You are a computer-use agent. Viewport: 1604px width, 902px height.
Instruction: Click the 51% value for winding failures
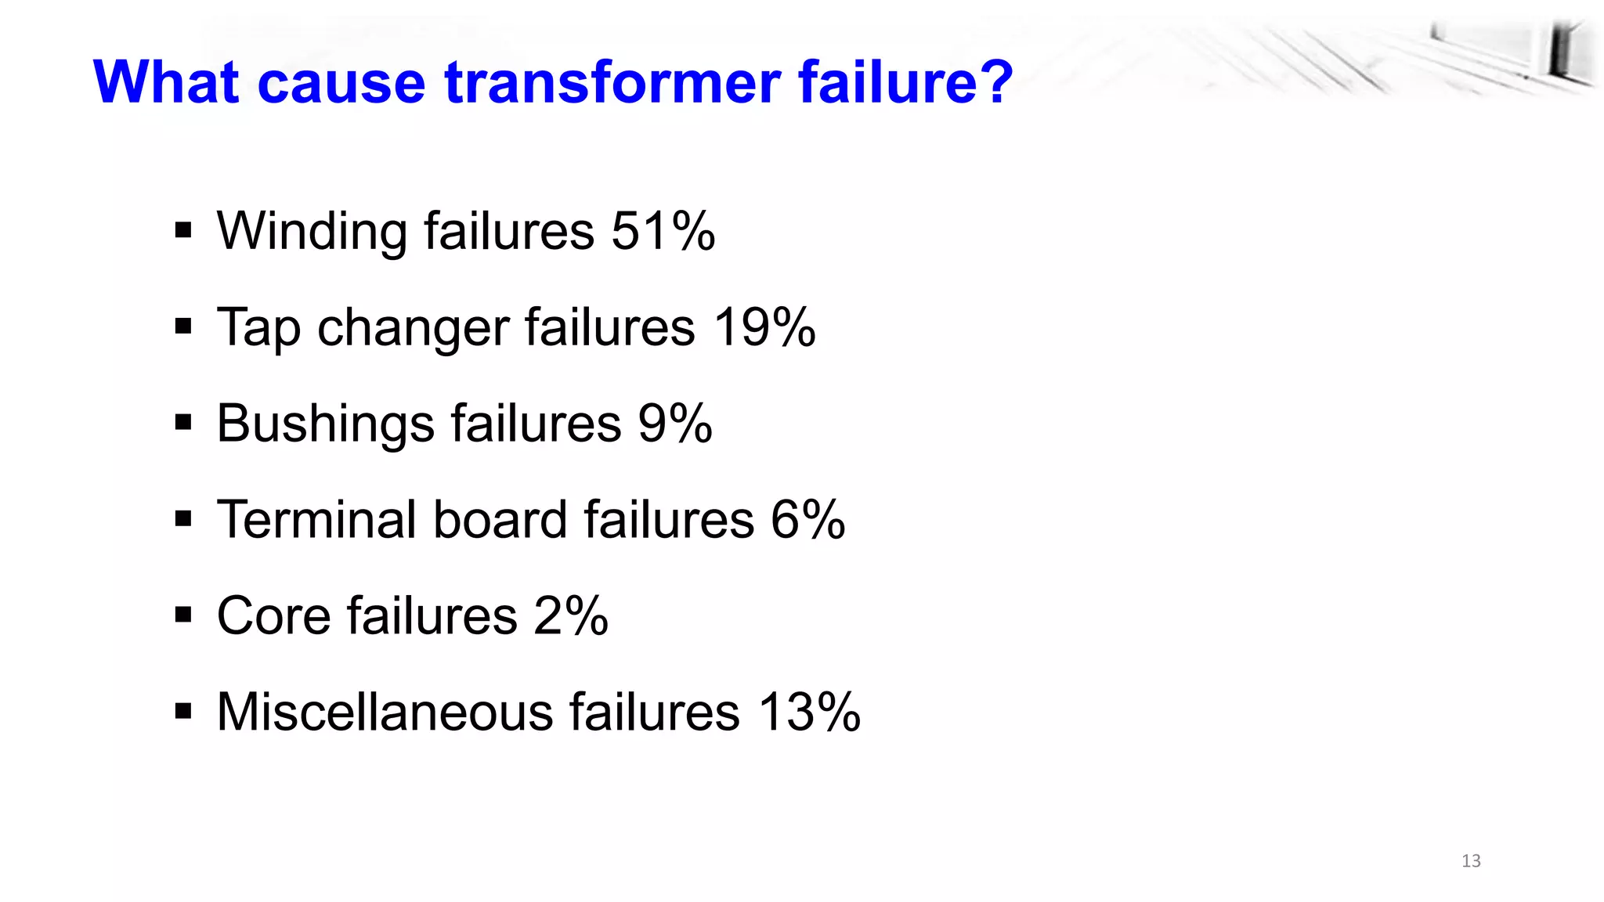click(x=663, y=231)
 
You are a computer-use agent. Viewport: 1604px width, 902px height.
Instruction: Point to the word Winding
click(x=312, y=233)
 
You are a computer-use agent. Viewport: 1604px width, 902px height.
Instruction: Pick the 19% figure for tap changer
click(x=764, y=327)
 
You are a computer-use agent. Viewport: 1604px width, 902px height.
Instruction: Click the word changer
click(x=413, y=329)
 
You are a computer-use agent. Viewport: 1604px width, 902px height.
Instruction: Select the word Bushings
click(x=325, y=424)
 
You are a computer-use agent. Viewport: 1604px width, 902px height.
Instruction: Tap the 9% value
click(x=674, y=424)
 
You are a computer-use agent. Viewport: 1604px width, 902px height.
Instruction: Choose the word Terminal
click(x=316, y=519)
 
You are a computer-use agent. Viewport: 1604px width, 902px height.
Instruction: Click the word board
click(x=500, y=519)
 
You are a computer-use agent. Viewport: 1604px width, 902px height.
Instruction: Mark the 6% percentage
click(x=807, y=519)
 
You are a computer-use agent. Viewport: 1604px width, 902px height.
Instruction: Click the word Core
click(x=273, y=615)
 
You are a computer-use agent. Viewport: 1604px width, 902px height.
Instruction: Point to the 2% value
click(x=570, y=615)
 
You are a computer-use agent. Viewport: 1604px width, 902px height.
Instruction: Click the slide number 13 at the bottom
click(x=1471, y=861)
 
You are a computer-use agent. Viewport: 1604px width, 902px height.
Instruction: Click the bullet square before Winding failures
click(x=183, y=231)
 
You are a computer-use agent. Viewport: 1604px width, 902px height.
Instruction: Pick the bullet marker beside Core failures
click(x=183, y=615)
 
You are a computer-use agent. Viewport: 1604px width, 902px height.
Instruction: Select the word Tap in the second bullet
click(x=258, y=329)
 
